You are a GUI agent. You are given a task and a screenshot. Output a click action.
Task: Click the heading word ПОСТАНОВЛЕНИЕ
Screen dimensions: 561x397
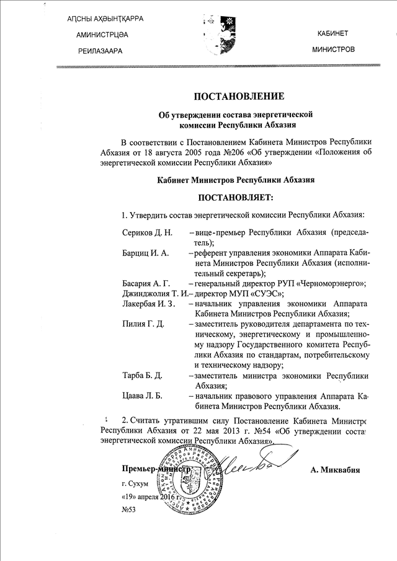(239, 96)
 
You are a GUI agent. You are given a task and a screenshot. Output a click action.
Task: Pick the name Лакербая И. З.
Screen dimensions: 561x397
(149, 304)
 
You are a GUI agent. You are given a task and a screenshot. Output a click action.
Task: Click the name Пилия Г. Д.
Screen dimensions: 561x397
(143, 324)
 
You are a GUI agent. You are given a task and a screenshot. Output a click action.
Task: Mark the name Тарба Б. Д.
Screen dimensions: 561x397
(143, 376)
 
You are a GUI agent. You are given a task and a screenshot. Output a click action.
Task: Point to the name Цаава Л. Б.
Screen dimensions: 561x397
(143, 396)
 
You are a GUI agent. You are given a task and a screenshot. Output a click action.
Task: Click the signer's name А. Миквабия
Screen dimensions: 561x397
(335, 470)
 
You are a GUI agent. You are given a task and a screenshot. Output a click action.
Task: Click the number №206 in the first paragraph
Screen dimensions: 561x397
(220, 151)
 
